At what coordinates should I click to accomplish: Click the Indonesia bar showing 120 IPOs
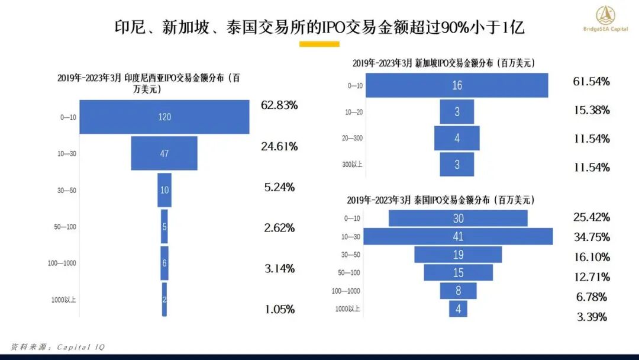(164, 117)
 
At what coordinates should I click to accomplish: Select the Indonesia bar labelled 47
(164, 153)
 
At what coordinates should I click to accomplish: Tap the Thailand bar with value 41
(458, 236)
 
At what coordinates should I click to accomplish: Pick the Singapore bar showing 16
(457, 85)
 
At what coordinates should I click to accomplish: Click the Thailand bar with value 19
(458, 255)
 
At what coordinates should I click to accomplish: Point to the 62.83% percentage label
(279, 105)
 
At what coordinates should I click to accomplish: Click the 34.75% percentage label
(591, 237)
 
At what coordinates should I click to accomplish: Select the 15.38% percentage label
(591, 110)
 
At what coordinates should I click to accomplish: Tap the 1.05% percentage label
(279, 309)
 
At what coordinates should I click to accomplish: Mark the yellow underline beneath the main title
(319, 44)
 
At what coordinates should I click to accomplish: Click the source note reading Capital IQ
(57, 347)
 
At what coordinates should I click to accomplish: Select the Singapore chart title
(443, 63)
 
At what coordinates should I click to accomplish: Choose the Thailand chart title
(441, 201)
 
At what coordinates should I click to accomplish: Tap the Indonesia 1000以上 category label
(63, 300)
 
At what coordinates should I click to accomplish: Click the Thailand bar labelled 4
(458, 308)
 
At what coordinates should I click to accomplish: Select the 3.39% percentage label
(591, 317)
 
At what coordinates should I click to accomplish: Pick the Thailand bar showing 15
(458, 272)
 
